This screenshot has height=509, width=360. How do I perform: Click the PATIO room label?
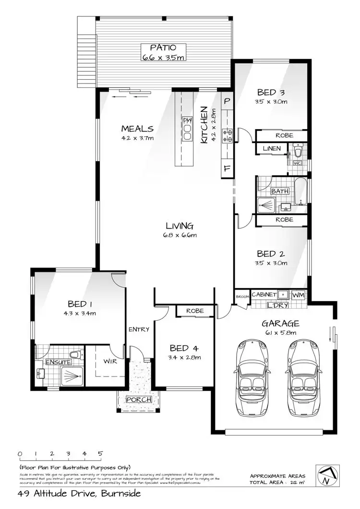click(x=163, y=48)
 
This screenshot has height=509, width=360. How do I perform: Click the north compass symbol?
click(x=326, y=475)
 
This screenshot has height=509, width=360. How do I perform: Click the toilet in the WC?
click(x=299, y=152)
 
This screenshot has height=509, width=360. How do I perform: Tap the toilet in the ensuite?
click(x=75, y=355)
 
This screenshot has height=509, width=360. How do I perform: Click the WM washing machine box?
click(x=298, y=294)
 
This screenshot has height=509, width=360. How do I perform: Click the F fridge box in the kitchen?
click(x=227, y=169)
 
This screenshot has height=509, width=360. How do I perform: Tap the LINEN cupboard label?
click(x=271, y=148)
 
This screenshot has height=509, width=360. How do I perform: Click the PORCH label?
click(x=138, y=400)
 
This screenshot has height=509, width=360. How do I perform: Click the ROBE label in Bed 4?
click(x=194, y=311)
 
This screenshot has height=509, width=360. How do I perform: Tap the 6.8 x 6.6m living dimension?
click(x=180, y=235)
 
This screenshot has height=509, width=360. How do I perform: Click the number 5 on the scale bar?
click(x=100, y=453)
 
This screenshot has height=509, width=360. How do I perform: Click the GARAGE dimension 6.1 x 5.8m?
click(x=280, y=332)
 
